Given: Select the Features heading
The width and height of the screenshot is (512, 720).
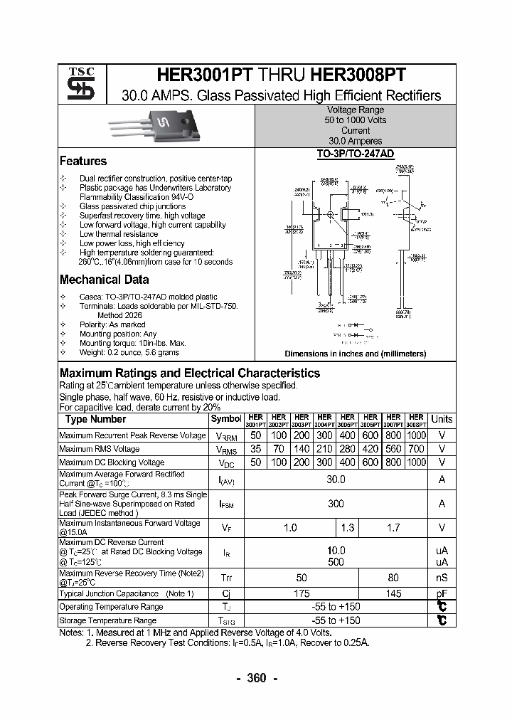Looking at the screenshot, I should pyautogui.click(x=83, y=162).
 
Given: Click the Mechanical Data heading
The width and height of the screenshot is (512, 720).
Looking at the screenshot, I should pyautogui.click(x=104, y=280).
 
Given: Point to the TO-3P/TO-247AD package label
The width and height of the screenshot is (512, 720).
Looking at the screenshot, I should pyautogui.click(x=356, y=154).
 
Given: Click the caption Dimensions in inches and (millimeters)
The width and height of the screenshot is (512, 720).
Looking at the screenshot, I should pyautogui.click(x=356, y=354).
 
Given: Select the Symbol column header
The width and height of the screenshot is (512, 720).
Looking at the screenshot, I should pyautogui.click(x=226, y=420).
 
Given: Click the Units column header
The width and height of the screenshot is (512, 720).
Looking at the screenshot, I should pyautogui.click(x=442, y=420).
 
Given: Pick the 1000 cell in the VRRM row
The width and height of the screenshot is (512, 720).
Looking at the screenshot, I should pyautogui.click(x=417, y=435).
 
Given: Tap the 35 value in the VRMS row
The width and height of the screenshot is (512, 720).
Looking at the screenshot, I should pyautogui.click(x=256, y=449).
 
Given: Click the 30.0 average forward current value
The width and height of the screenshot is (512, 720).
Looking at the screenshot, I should pyautogui.click(x=336, y=480).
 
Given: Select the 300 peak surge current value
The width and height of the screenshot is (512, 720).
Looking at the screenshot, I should pyautogui.click(x=336, y=504).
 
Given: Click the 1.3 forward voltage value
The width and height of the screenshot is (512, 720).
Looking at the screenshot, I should pyautogui.click(x=348, y=528).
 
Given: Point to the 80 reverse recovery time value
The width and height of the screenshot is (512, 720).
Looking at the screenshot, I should pyautogui.click(x=393, y=578).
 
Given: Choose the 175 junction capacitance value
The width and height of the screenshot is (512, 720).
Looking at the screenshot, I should pyautogui.click(x=302, y=593).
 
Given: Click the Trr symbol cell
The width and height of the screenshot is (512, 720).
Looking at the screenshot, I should pyautogui.click(x=226, y=578).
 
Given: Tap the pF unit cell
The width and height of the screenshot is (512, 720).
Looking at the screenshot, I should pyautogui.click(x=442, y=593).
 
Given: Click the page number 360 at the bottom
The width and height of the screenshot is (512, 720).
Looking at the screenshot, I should pyautogui.click(x=256, y=678).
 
